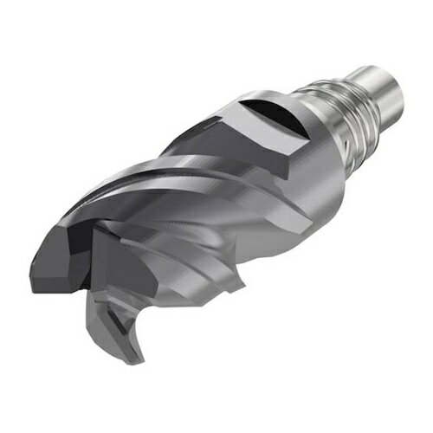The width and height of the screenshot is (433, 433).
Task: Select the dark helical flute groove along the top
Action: click(x=173, y=186)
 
